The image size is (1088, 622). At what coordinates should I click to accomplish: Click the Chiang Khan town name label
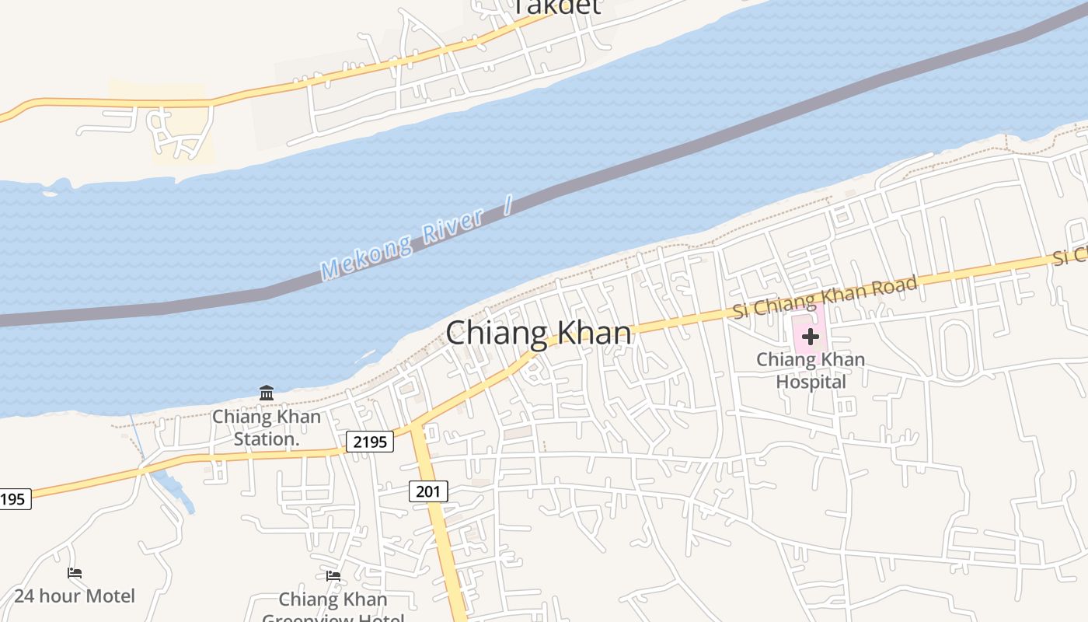pyautogui.click(x=539, y=333)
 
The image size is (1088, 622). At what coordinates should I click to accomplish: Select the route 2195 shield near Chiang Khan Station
pyautogui.click(x=369, y=442)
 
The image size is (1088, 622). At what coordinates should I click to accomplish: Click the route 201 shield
pyautogui.click(x=427, y=491)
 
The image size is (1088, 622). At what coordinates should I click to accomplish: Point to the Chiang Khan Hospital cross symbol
pyautogui.click(x=810, y=337)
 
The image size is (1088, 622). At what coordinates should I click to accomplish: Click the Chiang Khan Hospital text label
pyautogui.click(x=811, y=371)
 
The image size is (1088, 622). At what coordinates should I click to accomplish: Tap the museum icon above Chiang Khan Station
pyautogui.click(x=267, y=393)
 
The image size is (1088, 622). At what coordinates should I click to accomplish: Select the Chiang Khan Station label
pyautogui.click(x=267, y=428)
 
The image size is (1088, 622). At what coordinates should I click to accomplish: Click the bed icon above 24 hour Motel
pyautogui.click(x=75, y=573)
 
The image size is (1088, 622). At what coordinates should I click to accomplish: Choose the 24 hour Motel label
pyautogui.click(x=75, y=596)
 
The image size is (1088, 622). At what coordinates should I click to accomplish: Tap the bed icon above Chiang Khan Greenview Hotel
pyautogui.click(x=333, y=576)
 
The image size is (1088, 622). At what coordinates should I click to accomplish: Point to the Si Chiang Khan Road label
pyautogui.click(x=825, y=296)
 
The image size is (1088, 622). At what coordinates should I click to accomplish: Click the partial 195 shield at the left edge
pyautogui.click(x=14, y=499)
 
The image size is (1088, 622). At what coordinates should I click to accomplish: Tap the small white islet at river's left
pyautogui.click(x=50, y=193)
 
